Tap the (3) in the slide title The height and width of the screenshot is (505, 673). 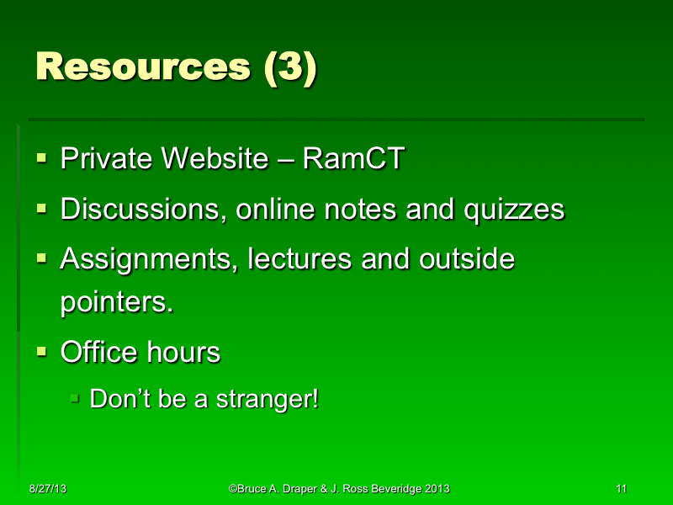coord(289,67)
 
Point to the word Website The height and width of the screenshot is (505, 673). coord(217,158)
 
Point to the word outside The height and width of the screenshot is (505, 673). coord(466,259)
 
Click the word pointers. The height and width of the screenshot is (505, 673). coord(116,303)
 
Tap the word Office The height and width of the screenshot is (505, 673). coord(96,352)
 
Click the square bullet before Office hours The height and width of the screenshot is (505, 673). coord(41,351)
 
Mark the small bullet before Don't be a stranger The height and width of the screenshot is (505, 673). coord(76,397)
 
